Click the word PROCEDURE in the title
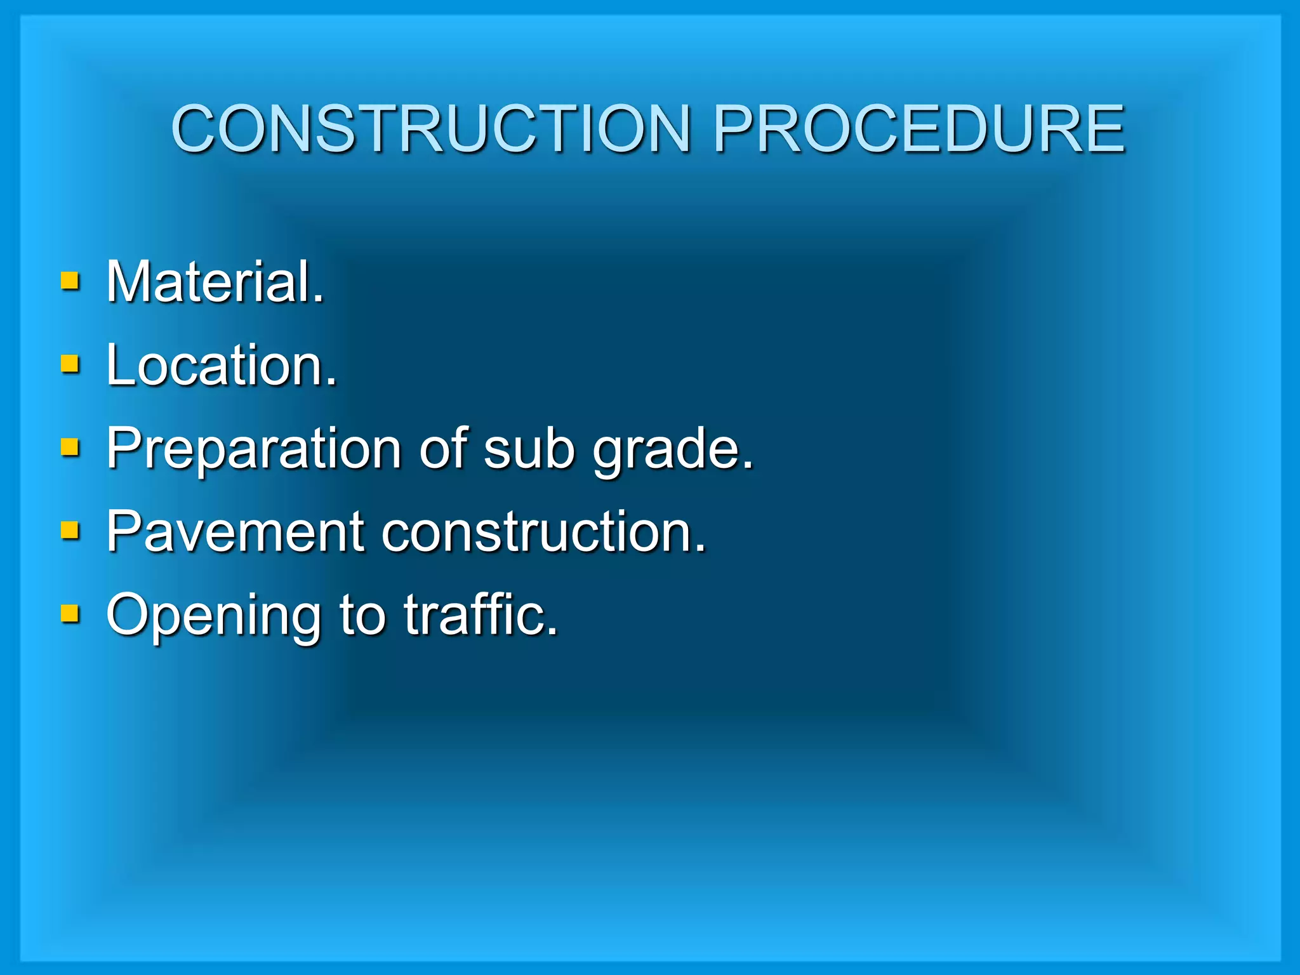tap(919, 129)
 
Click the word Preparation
tap(253, 449)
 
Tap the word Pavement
tap(235, 532)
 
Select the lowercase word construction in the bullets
tap(536, 532)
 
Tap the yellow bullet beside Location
tap(70, 364)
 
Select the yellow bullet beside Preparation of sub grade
tap(70, 448)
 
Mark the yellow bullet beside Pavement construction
tap(70, 531)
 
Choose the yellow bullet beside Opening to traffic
tap(70, 614)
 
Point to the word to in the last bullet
tap(362, 616)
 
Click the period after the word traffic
tap(552, 632)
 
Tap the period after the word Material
tap(318, 299)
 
